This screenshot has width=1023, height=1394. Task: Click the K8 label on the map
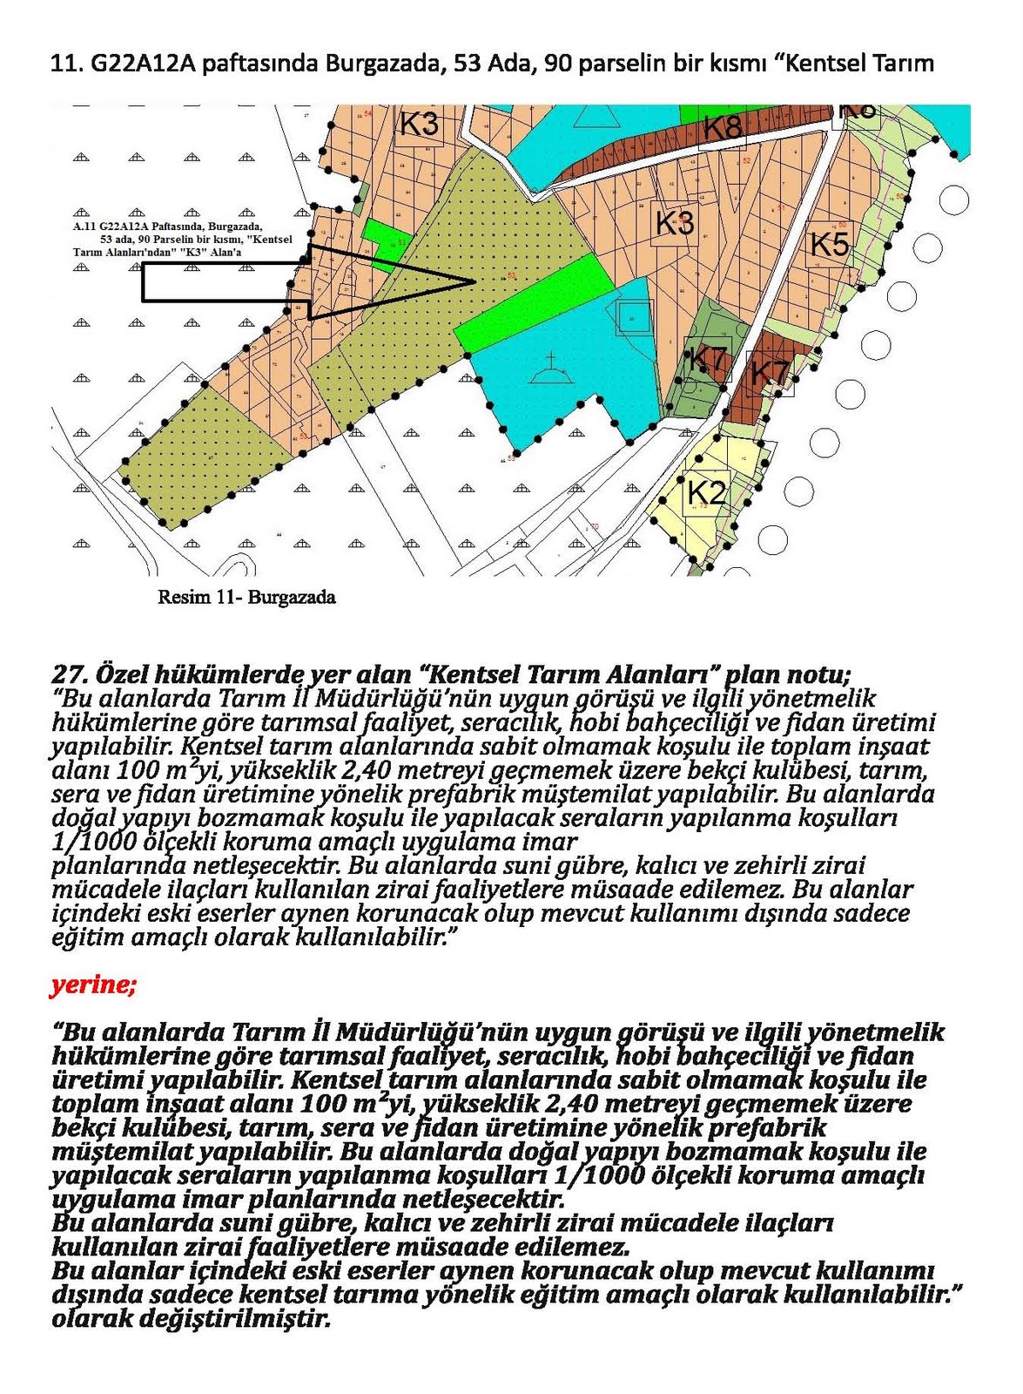[722, 127]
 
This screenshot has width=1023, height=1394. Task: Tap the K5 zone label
[829, 244]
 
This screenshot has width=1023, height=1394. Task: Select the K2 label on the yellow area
[706, 493]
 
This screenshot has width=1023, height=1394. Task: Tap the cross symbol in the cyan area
[550, 364]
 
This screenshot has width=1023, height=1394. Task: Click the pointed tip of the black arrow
[472, 281]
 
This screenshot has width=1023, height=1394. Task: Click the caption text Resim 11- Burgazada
[246, 597]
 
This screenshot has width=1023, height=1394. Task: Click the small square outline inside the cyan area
[634, 317]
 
